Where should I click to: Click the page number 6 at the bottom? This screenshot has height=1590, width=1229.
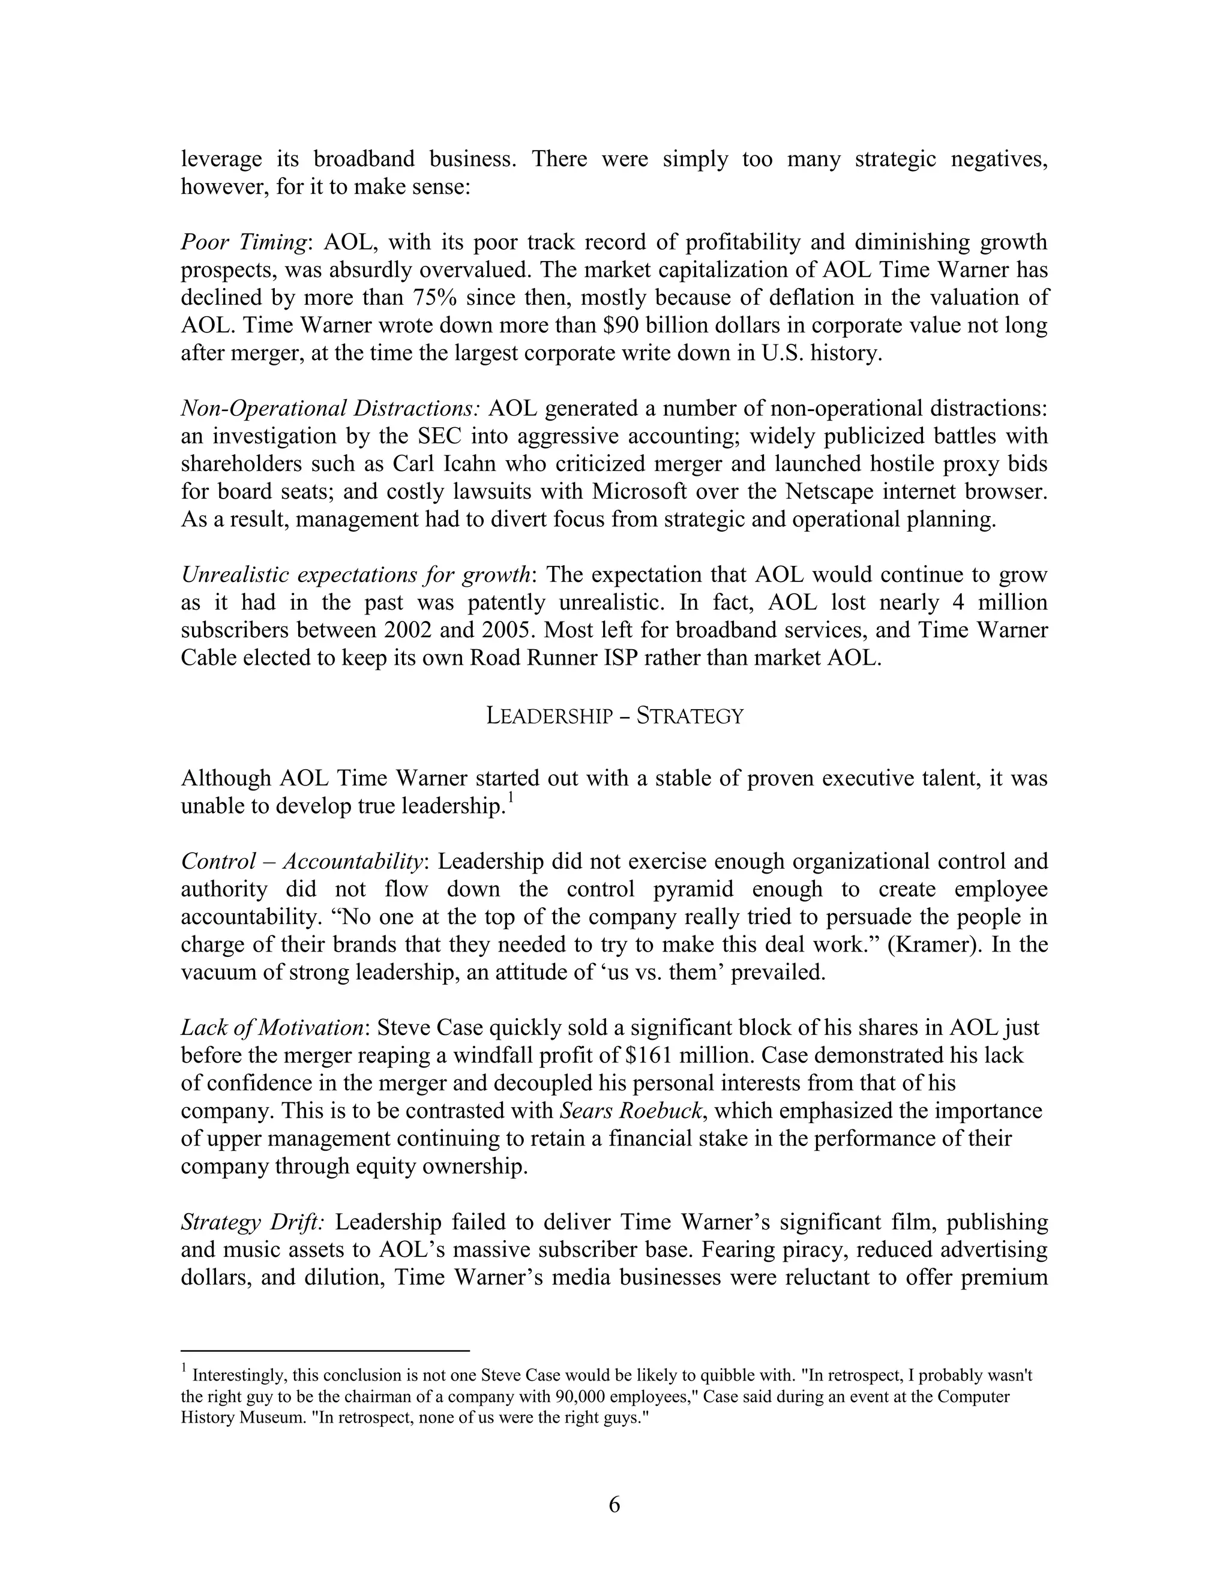tap(614, 1504)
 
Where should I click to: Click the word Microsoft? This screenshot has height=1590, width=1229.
tap(639, 491)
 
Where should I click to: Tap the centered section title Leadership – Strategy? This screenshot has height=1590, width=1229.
tap(614, 716)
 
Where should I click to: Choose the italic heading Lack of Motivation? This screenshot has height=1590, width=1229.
tap(272, 1027)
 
